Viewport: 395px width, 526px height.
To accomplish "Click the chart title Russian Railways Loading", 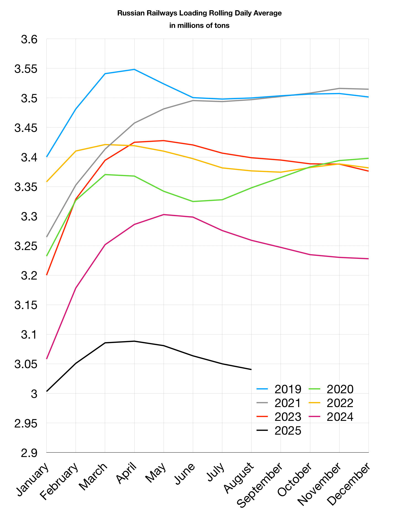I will coord(199,13).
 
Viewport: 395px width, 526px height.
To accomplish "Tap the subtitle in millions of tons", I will coord(199,26).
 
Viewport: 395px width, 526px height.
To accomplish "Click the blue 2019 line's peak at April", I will coord(134,69).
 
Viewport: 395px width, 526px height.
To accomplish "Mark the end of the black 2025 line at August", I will coord(251,369).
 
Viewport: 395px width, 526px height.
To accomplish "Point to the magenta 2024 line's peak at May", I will coord(164,214).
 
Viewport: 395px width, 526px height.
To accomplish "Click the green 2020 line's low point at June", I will coord(193,201).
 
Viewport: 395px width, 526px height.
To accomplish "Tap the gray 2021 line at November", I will coord(339,88).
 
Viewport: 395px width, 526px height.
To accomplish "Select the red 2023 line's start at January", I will coord(47,275).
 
